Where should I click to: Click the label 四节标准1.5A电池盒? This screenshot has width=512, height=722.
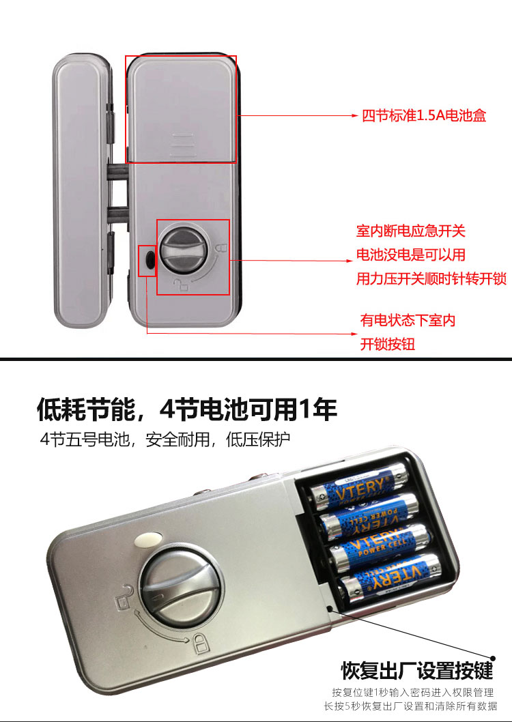coord(424,115)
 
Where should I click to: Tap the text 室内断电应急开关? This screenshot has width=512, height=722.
coord(411,231)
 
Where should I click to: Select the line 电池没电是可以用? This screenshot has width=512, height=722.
coord(411,255)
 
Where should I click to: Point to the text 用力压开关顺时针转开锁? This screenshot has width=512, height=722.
coord(431,278)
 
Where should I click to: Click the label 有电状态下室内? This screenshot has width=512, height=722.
coord(408,320)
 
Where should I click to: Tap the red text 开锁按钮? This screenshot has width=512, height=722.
coord(387,344)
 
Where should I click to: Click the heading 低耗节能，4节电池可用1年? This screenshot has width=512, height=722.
coord(187,409)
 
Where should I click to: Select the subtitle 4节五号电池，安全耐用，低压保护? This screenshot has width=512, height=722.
coord(165,439)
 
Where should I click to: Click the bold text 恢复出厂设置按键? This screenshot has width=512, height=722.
coord(417,670)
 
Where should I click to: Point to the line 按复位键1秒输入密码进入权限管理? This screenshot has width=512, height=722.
coord(413,693)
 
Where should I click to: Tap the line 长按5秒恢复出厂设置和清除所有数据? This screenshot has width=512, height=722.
coord(410,706)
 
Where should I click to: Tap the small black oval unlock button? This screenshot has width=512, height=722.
coord(149,261)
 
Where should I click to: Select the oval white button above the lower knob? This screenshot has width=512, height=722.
coord(148,538)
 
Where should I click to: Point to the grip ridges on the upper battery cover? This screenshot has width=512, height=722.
coord(182,144)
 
